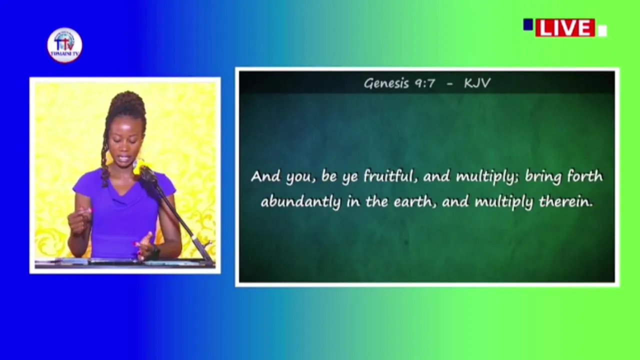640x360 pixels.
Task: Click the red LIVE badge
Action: (565, 27)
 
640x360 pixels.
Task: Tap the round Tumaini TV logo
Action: (64, 45)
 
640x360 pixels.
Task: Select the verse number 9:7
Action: (425, 83)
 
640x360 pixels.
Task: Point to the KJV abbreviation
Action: (477, 83)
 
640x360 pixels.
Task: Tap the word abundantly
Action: (301, 202)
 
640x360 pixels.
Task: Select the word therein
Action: (565, 201)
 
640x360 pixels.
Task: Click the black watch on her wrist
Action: (155, 252)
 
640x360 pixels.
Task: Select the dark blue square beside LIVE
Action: (528, 24)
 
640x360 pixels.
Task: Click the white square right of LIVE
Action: (602, 31)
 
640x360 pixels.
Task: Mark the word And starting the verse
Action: (265, 176)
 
